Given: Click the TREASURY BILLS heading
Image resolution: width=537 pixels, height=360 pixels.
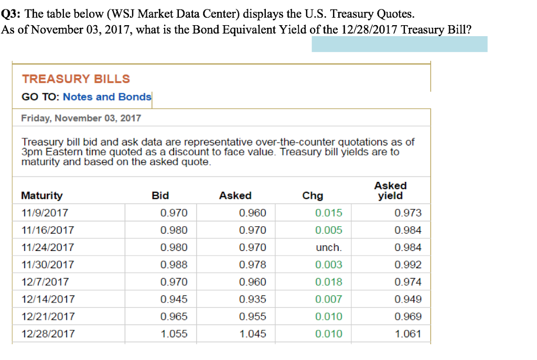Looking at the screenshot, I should [x=76, y=79].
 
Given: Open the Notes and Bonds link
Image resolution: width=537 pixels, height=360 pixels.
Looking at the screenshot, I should [x=107, y=97].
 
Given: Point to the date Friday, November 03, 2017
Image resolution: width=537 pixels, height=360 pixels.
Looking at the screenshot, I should [x=81, y=118].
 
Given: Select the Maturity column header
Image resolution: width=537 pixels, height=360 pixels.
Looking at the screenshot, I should [x=41, y=195].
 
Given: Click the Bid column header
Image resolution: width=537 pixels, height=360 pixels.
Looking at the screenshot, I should [x=160, y=195].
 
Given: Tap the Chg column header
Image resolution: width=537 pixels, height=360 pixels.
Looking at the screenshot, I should [x=313, y=195].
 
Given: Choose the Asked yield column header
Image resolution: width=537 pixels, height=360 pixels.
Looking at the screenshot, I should [x=391, y=191].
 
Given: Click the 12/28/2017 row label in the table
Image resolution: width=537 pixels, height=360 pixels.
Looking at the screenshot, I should [x=48, y=334].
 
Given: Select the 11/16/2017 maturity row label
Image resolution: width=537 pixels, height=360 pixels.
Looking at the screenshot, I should [x=48, y=230].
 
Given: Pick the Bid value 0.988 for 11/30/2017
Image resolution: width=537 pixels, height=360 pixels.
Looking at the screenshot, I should [x=174, y=265].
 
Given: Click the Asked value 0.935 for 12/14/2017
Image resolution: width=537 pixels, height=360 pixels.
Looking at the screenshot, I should [x=252, y=299].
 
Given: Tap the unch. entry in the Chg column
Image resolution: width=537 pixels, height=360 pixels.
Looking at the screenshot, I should [x=329, y=247].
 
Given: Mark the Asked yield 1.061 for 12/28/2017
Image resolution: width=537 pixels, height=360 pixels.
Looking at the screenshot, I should [x=408, y=334].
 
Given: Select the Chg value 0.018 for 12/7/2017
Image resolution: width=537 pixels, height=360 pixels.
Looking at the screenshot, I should [x=329, y=282].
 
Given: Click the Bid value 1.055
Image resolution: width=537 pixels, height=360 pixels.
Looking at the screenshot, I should [x=174, y=334].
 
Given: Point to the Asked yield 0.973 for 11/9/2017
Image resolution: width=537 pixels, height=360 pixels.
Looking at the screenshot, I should [x=408, y=213].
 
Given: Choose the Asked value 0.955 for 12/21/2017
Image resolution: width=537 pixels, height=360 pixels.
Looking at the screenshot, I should [x=252, y=317].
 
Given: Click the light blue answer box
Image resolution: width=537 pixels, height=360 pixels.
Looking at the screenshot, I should [x=399, y=44].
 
